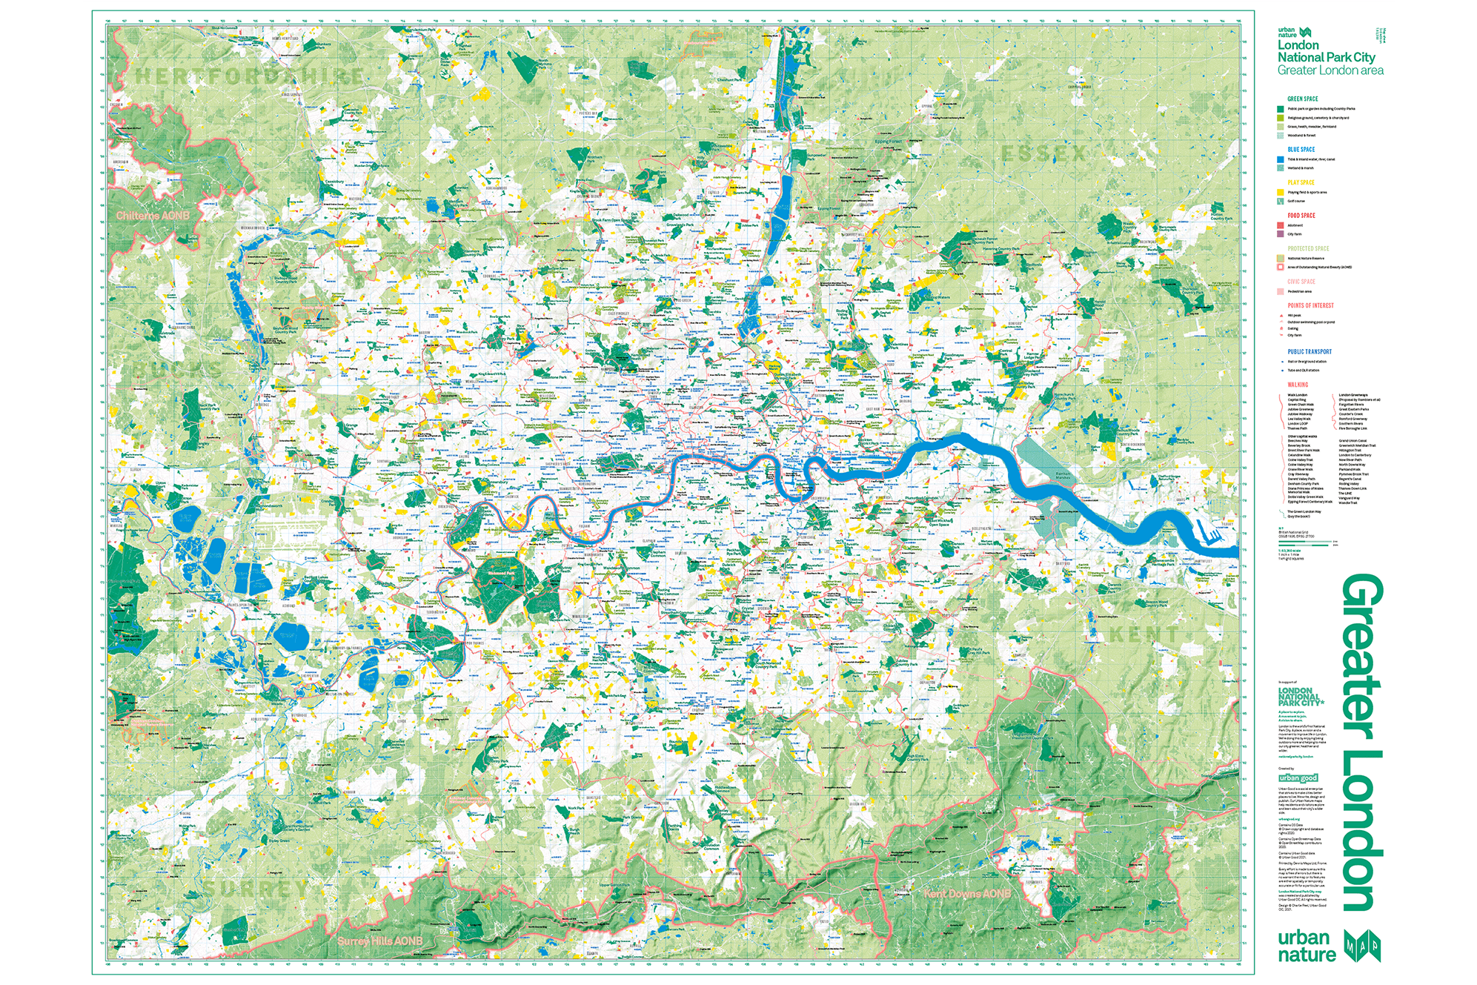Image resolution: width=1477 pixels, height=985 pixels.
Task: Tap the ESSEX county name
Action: pos(1043,153)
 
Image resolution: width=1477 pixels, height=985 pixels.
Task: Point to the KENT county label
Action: pos(1144,634)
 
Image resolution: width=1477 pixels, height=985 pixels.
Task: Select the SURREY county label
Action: pos(256,888)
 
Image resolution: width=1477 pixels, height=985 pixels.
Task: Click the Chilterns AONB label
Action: pos(153,215)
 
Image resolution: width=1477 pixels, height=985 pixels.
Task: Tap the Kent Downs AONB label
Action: pos(967,893)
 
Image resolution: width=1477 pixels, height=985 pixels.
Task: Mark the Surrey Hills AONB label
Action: pos(379,941)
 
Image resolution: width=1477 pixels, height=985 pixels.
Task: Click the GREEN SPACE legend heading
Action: pos(1302,99)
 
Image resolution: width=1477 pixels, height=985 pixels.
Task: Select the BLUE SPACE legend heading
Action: pos(1301,149)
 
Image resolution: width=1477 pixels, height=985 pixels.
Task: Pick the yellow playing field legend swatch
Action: pos(1280,192)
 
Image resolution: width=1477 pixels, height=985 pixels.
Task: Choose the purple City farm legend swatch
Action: pos(1280,234)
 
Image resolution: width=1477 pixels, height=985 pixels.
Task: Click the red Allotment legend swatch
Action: pos(1280,225)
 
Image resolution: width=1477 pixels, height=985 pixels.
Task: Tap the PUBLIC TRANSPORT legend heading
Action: pos(1309,351)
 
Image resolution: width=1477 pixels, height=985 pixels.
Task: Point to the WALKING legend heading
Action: pos(1298,384)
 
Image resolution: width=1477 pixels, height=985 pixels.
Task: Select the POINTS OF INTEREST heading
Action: pos(1310,305)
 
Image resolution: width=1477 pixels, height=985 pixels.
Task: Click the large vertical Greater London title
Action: pos(1362,741)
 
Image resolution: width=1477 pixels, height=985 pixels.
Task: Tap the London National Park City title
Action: pos(1326,51)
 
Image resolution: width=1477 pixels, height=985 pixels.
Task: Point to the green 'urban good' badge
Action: pos(1298,777)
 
